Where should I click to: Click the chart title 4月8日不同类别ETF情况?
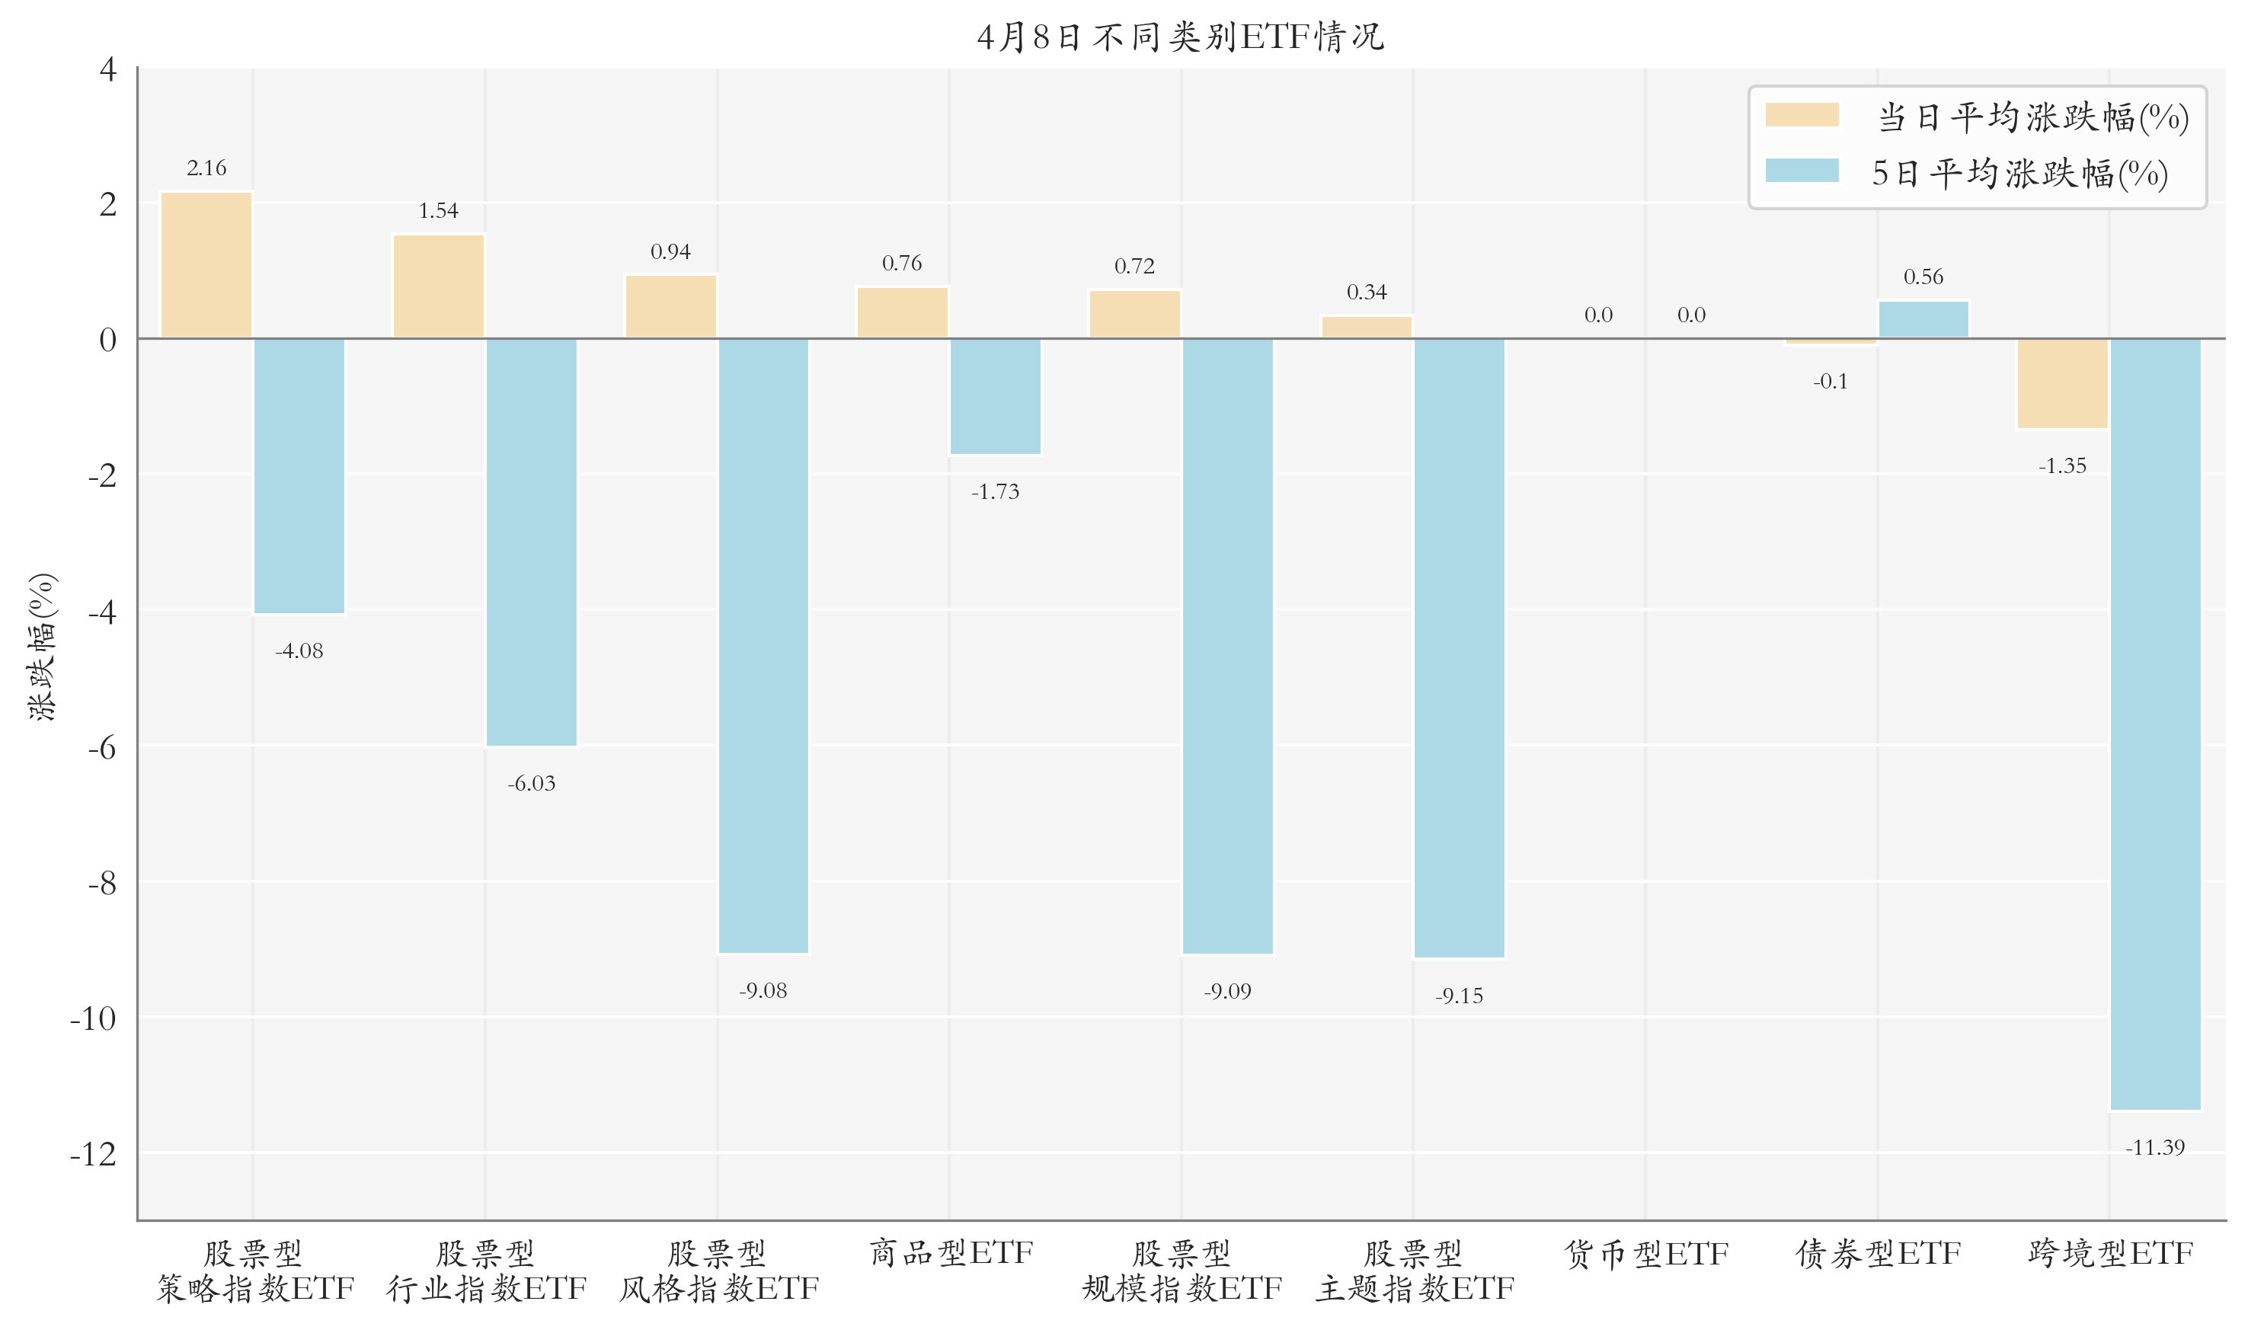pos(1180,37)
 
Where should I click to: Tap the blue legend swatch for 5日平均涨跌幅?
pos(1801,171)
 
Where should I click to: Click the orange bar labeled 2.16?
pos(206,265)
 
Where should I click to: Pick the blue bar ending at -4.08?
pos(299,476)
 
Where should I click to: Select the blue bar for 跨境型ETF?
pos(2155,724)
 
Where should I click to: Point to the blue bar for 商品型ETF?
pos(996,396)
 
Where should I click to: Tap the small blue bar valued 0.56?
pos(1923,320)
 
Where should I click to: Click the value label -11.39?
pos(2155,1147)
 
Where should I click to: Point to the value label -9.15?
pos(1459,996)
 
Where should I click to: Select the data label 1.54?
pos(438,210)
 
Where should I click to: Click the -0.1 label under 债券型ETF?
pos(1830,382)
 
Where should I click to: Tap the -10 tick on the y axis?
pos(93,1018)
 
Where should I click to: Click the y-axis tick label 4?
pos(107,69)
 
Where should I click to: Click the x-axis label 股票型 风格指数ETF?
pos(718,1271)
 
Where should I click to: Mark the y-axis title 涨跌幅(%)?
pos(41,646)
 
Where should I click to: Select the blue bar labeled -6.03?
pos(531,542)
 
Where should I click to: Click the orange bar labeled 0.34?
pos(1367,327)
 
